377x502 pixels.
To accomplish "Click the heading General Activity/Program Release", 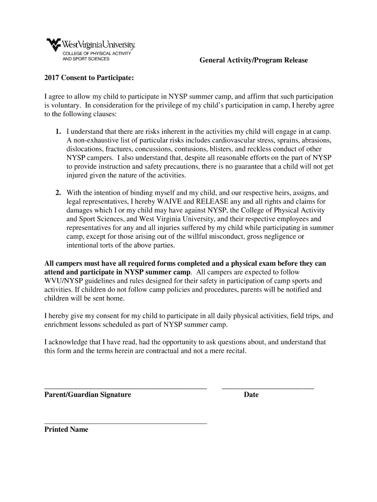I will [x=253, y=60].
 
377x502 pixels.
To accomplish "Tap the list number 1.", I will [x=58, y=131].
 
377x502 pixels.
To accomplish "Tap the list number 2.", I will [x=58, y=193].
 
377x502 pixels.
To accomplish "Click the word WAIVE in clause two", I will [x=169, y=201].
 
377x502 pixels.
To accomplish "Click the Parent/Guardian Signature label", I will [x=88, y=395].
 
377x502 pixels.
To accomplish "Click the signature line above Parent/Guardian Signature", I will [x=125, y=388].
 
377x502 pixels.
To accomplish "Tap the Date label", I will [x=251, y=395].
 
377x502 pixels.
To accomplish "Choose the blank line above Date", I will [x=268, y=388].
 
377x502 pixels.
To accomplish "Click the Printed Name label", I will [x=67, y=429].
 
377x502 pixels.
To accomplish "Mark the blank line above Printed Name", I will [x=125, y=423].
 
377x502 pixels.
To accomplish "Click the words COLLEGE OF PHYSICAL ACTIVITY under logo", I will [x=97, y=53].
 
